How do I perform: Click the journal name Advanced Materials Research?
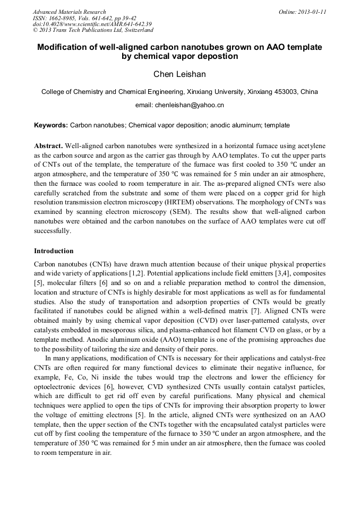[70, 12]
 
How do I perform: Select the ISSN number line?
[84, 18]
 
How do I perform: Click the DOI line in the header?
[92, 24]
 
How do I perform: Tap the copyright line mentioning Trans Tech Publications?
[93, 30]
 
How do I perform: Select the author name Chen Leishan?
[179, 74]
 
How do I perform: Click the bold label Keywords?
[51, 125]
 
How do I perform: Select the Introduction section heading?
[54, 251]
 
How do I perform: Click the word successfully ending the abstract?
[52, 231]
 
